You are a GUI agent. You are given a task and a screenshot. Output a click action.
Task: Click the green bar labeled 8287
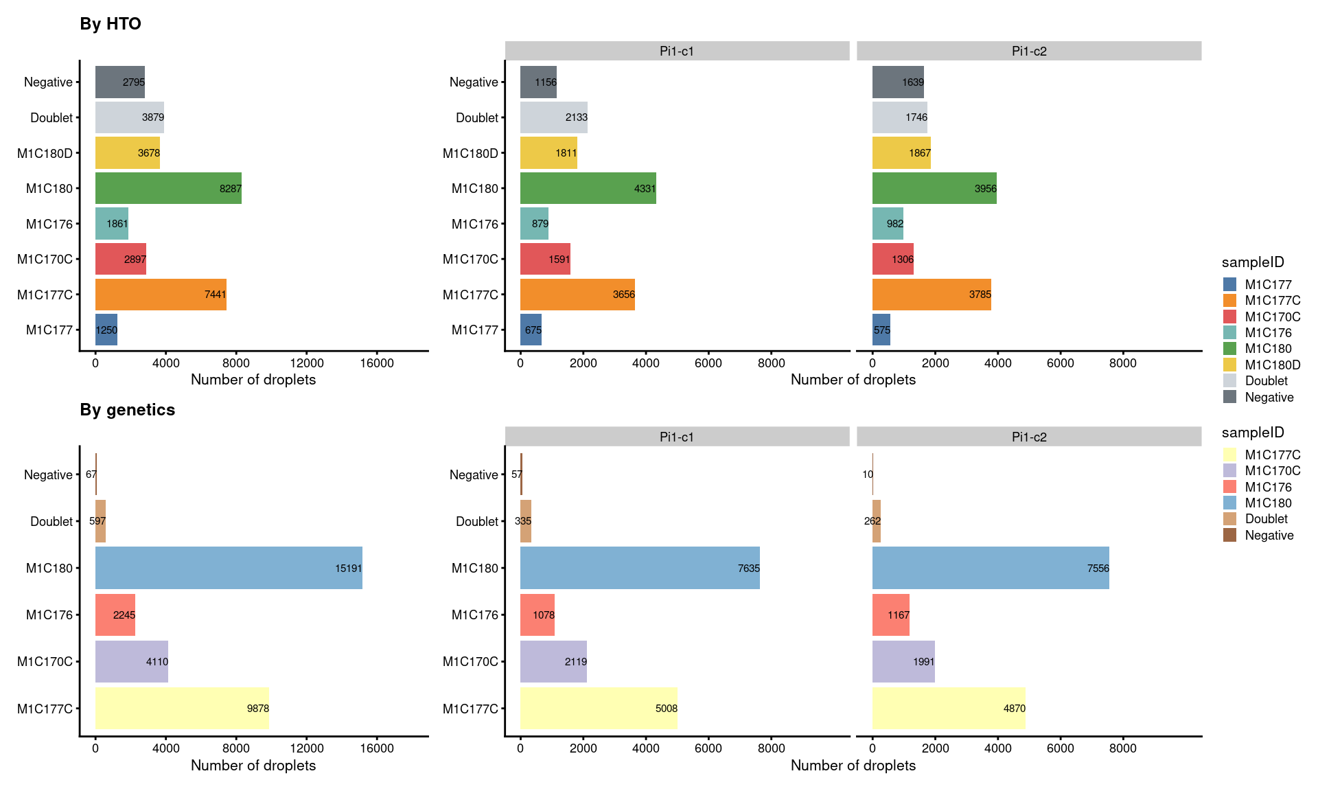coord(168,188)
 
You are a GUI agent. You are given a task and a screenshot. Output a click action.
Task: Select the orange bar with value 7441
coord(161,295)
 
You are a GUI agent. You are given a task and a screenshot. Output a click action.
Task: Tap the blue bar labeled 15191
coord(229,568)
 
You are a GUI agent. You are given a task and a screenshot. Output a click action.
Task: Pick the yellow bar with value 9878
coord(182,708)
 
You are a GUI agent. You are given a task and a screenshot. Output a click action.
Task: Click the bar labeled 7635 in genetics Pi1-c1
coord(640,568)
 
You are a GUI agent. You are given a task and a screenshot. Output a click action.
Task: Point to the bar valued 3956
coord(934,188)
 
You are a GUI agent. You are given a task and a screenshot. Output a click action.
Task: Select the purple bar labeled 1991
coord(903,661)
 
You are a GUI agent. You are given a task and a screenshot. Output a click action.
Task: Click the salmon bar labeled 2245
coord(115,615)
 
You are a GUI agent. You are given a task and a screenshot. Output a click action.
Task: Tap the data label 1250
coord(106,330)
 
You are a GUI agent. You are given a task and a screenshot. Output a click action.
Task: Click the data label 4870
coord(1014,709)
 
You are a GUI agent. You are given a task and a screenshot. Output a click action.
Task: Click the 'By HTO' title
coord(111,24)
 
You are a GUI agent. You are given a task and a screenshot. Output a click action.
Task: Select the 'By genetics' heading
coord(128,410)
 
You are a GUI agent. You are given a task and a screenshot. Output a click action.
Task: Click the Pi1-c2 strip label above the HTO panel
coord(1029,51)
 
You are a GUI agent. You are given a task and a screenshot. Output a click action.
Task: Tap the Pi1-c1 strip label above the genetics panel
coord(677,437)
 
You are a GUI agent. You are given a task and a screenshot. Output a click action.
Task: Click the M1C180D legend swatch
coord(1229,365)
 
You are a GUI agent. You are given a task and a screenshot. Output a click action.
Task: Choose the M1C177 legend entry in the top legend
coord(1268,284)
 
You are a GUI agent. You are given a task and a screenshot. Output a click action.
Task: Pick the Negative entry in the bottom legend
coord(1269,536)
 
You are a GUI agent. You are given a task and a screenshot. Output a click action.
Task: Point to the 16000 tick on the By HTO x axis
coord(377,363)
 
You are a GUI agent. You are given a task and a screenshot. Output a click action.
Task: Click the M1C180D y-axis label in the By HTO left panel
coord(45,153)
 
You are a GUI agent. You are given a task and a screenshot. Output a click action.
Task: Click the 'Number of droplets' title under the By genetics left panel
coord(253,766)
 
